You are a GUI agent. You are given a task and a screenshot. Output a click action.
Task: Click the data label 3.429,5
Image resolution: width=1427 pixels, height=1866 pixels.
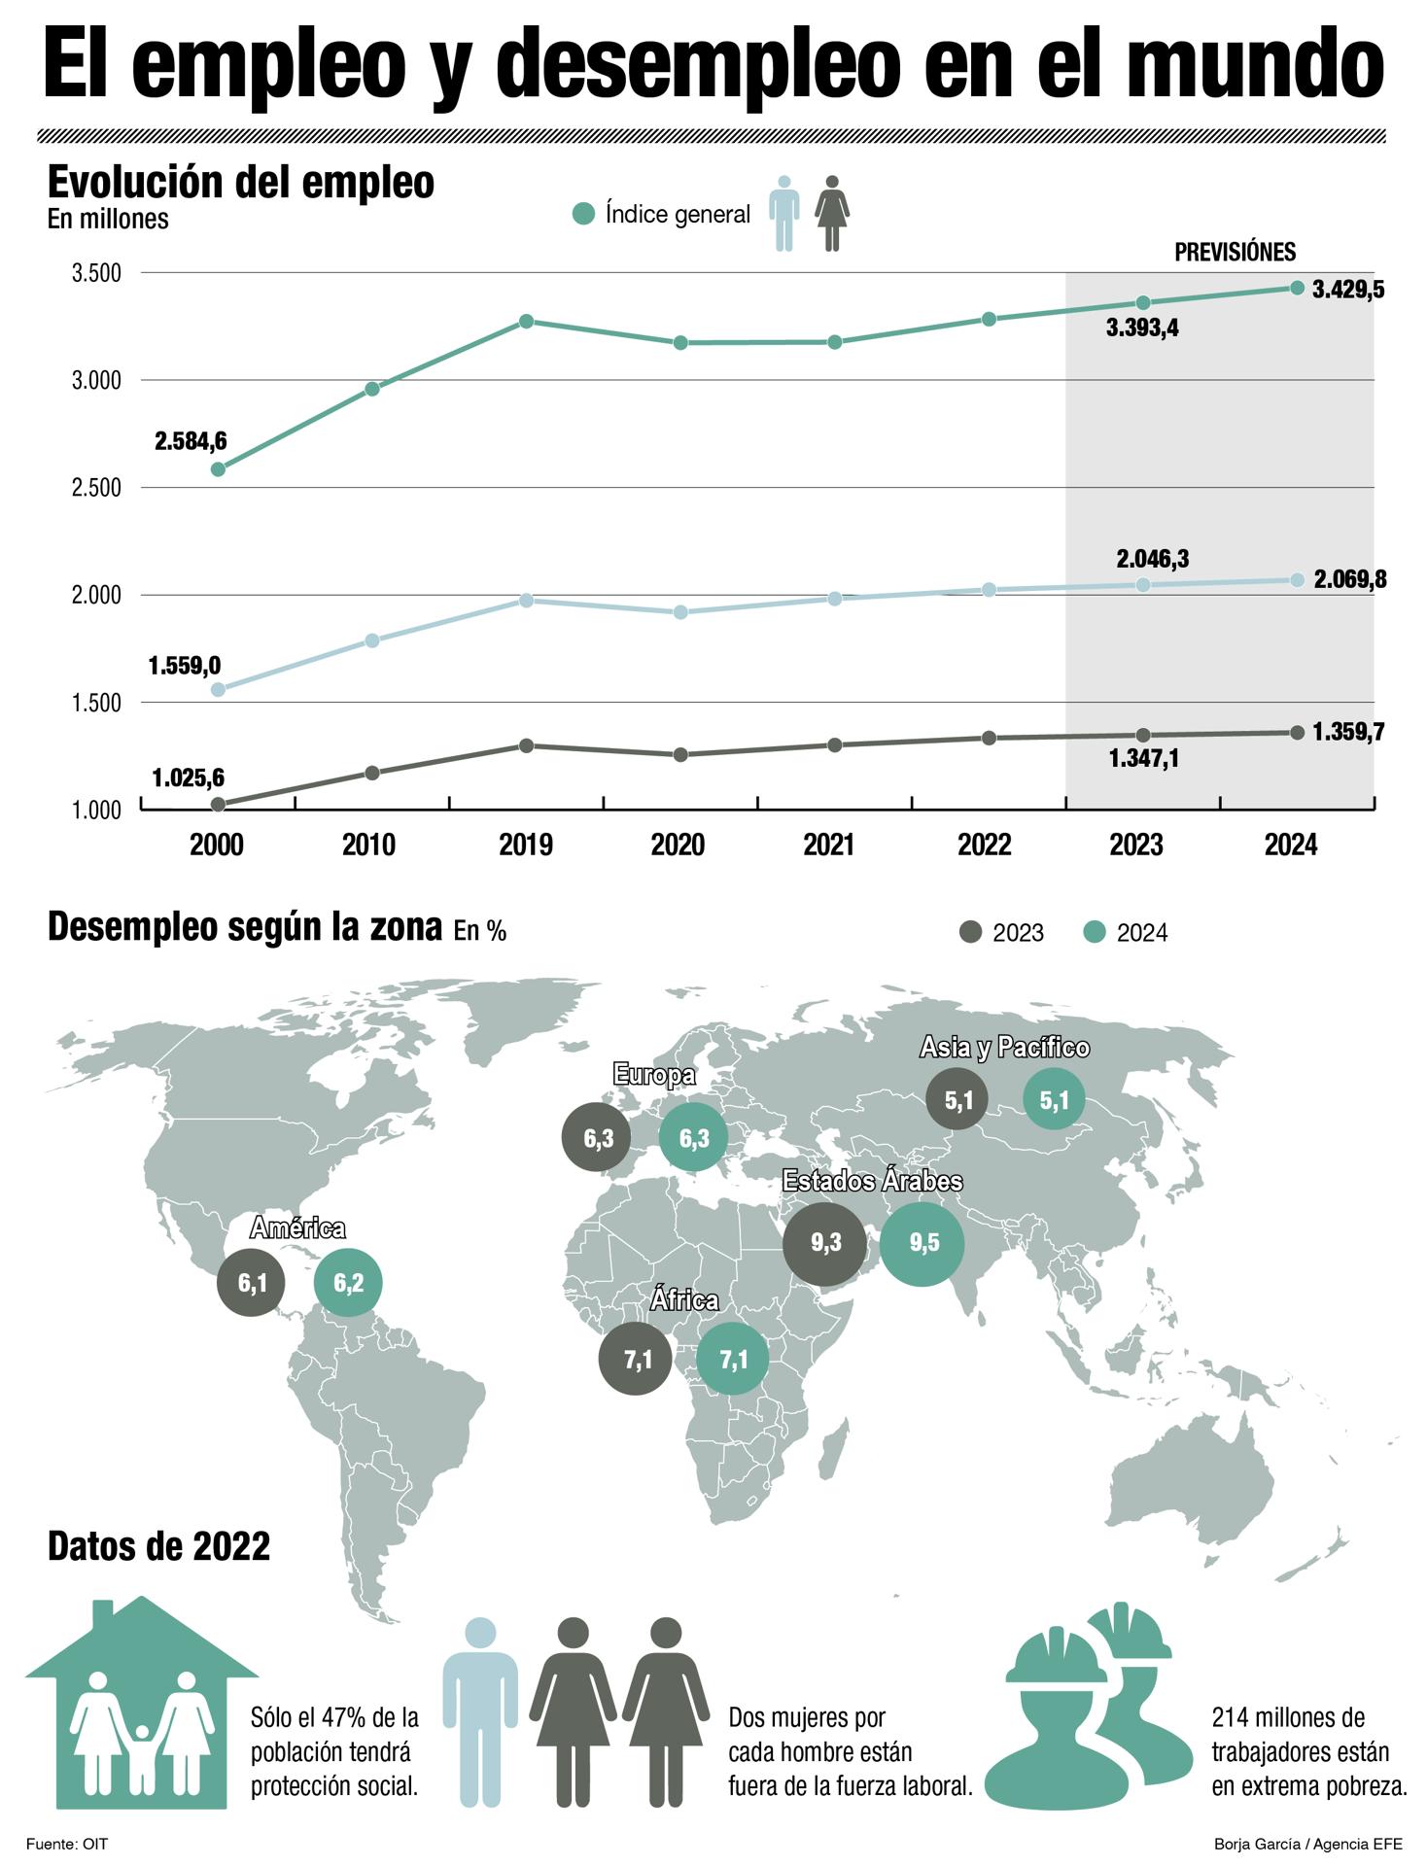(1348, 290)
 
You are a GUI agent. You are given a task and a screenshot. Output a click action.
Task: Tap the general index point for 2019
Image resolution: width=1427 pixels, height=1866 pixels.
(526, 322)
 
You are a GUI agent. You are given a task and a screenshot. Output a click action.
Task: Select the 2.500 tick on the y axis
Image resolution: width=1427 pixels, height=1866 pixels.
(96, 488)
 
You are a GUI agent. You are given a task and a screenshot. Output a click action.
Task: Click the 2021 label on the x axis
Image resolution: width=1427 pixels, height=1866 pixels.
(829, 845)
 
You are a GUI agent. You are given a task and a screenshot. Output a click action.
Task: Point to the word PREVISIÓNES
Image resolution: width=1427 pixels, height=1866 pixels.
(1235, 253)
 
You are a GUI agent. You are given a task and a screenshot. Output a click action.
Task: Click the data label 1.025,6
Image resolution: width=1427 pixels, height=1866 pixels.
(188, 777)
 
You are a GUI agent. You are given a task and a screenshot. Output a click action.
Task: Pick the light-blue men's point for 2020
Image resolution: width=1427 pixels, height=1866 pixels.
(680, 612)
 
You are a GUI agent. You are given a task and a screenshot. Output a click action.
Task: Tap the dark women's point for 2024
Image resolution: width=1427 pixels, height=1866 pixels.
(1297, 733)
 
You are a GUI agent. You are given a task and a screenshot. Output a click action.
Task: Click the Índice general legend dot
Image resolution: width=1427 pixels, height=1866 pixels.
(583, 214)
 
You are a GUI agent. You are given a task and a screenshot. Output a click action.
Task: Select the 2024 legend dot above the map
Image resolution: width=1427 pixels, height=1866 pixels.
(1095, 932)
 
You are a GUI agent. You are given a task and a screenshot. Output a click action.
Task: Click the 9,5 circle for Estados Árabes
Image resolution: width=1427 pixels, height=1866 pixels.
(922, 1243)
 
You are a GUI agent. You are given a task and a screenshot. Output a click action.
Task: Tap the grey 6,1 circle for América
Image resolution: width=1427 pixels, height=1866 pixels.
(252, 1283)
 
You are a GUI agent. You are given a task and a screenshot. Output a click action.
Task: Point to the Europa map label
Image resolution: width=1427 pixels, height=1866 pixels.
(654, 1075)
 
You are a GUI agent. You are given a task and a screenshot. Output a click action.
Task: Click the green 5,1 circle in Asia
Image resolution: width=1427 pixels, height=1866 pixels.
(1054, 1100)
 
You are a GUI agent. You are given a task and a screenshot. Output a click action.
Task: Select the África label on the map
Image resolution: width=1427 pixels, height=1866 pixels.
(684, 1300)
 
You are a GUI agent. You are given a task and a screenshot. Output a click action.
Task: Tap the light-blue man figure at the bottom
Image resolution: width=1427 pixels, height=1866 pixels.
(480, 1710)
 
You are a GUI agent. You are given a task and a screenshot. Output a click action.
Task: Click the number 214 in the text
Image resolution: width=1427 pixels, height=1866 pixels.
(1231, 1718)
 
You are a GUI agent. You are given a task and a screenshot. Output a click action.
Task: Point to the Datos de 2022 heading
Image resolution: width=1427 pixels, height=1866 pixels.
(158, 1546)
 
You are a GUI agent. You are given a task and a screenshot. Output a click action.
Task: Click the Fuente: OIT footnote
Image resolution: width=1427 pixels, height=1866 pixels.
(67, 1844)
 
